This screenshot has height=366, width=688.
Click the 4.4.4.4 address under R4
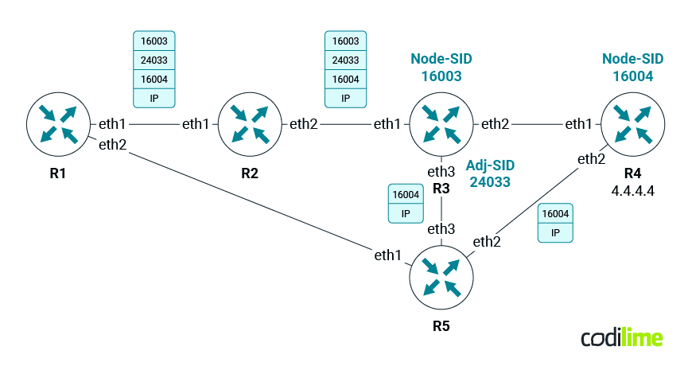tap(632, 191)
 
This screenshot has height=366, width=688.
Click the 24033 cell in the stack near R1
tap(153, 60)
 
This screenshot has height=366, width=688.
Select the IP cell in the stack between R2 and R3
tap(345, 98)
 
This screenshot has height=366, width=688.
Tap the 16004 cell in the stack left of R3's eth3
tap(406, 195)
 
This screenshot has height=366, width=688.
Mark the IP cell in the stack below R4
tap(556, 232)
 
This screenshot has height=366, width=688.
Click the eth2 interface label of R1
tap(112, 144)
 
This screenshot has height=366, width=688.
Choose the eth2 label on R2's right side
tap(303, 124)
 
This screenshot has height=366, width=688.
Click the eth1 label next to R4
tap(578, 124)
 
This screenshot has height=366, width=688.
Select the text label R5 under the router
tap(441, 325)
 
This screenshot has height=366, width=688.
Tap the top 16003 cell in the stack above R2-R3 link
tap(345, 41)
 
